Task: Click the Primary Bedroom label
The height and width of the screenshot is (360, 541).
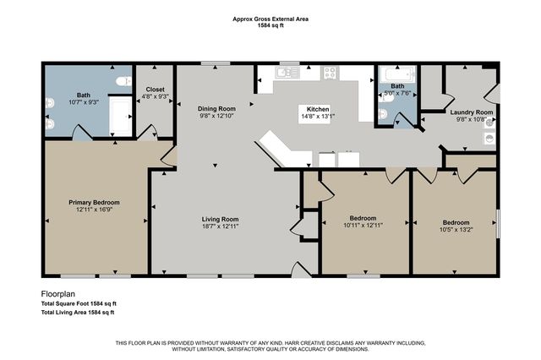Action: [x=94, y=203]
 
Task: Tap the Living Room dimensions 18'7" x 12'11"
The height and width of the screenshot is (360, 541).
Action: [x=220, y=226]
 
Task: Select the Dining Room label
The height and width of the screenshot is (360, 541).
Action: [x=216, y=109]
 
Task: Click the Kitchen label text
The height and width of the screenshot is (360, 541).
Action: [x=318, y=109]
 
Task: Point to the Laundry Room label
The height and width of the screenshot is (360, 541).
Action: [x=472, y=112]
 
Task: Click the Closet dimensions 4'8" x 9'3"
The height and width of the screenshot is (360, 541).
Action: [x=155, y=96]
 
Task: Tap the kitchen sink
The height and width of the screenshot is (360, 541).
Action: [x=287, y=73]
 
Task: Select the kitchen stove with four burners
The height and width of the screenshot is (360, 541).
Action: [x=330, y=73]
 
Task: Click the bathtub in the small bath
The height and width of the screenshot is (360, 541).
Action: [x=397, y=74]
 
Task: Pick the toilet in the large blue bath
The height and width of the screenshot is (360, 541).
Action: [x=123, y=81]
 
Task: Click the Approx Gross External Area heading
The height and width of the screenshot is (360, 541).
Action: [x=270, y=19]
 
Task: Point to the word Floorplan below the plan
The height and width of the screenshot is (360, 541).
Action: [x=58, y=294]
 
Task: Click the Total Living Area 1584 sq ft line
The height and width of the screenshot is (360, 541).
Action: [x=78, y=313]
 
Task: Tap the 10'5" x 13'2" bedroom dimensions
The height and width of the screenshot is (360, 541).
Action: [x=456, y=229]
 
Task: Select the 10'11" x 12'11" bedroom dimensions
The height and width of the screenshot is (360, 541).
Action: [x=363, y=225]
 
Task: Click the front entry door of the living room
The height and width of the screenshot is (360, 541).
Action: [x=301, y=270]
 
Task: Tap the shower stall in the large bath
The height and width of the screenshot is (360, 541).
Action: [x=120, y=117]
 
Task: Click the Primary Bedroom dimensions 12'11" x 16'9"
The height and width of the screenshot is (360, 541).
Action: [x=94, y=210]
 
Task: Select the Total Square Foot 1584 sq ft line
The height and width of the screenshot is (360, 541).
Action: [x=79, y=303]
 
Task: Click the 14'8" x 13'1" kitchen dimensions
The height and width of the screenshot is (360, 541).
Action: [x=318, y=117]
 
